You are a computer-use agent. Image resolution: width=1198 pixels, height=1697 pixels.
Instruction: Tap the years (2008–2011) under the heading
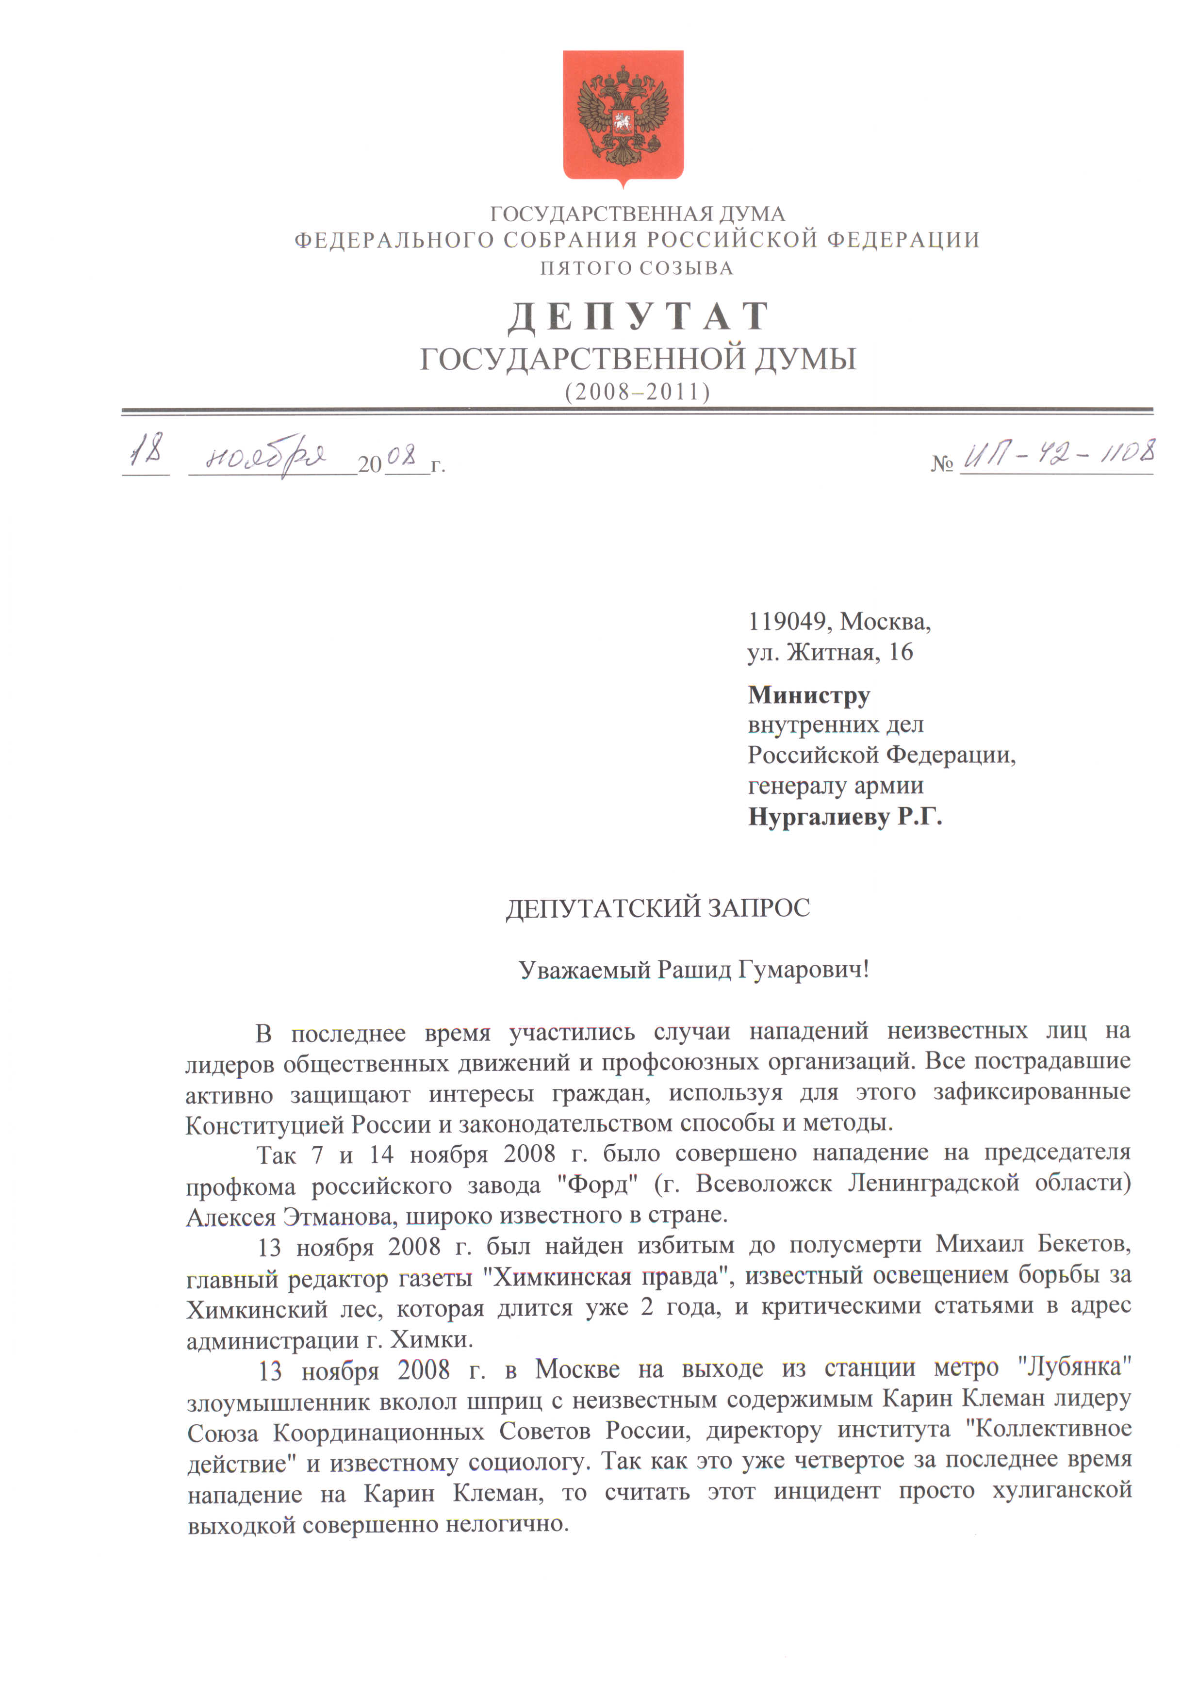637,391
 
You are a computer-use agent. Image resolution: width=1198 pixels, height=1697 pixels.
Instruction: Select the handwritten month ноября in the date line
266,457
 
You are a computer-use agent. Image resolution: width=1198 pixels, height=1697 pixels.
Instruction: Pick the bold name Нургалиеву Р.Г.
845,817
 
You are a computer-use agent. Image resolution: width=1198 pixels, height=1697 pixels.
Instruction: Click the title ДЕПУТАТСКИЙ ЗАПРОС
658,907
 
